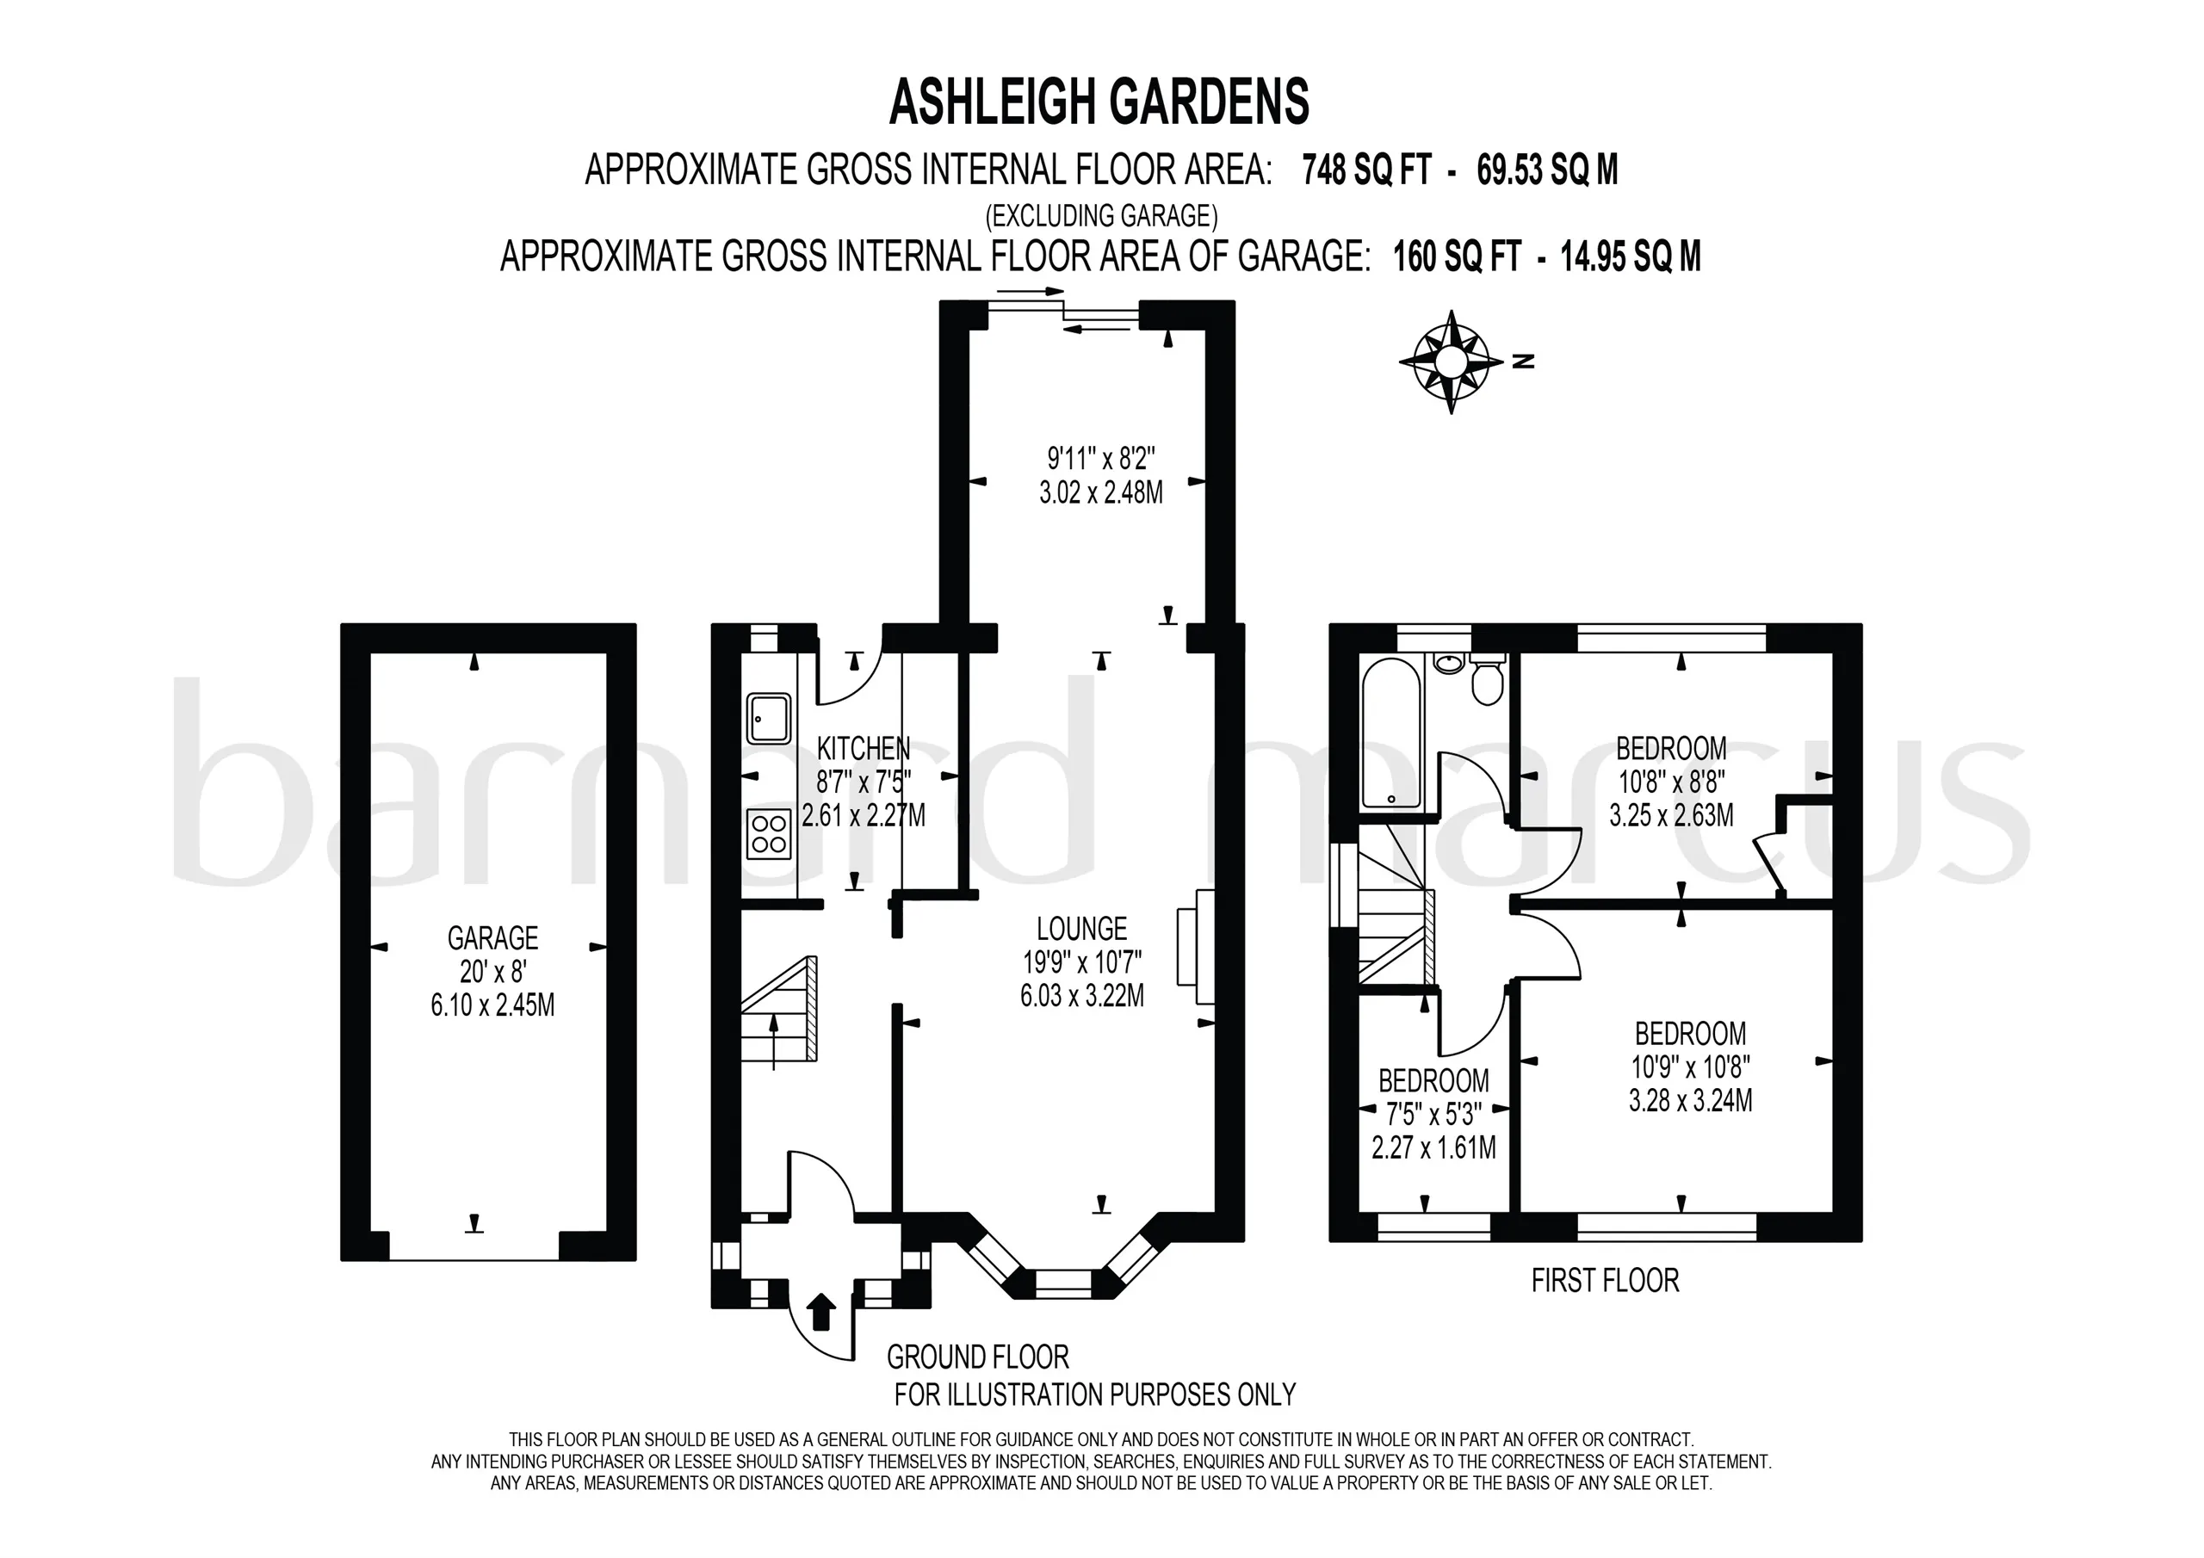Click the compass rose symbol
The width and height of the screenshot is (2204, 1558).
[x=1451, y=362]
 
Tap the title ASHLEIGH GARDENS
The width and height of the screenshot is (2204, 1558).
[x=1099, y=102]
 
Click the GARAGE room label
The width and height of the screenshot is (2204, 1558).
[x=492, y=937]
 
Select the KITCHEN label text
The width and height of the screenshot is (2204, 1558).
[x=863, y=748]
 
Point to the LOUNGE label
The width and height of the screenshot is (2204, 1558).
[x=1082, y=928]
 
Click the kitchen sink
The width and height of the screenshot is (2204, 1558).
[x=769, y=719]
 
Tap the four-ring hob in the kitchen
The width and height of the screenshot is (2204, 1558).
[x=769, y=833]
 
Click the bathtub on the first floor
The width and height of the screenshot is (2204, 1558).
[x=1391, y=733]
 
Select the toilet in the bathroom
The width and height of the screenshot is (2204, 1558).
[x=1486, y=680]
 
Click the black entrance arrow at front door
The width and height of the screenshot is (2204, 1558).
[x=821, y=1310]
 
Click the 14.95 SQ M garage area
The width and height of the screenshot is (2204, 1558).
[x=1631, y=257]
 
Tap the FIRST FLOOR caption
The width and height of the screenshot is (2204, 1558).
[x=1605, y=1280]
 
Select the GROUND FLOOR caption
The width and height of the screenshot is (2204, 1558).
[x=977, y=1357]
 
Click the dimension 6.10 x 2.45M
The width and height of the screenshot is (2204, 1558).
[x=492, y=1005]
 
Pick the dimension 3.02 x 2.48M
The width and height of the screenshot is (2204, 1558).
[x=1101, y=492]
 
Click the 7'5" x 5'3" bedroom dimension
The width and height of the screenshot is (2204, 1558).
[x=1434, y=1115]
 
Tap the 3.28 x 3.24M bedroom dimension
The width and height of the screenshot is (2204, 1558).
[x=1690, y=1100]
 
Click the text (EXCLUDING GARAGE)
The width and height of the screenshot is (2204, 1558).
[x=1102, y=215]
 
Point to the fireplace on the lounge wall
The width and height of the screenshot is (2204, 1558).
[x=1195, y=948]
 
